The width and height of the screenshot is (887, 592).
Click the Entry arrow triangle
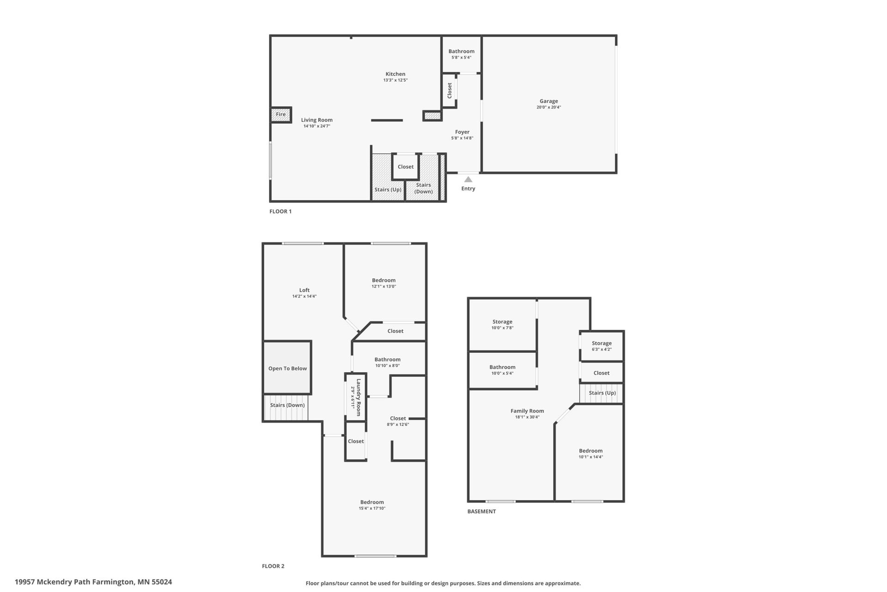[x=468, y=179]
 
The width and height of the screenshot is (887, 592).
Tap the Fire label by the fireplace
[x=281, y=114]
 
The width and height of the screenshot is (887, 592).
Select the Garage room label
[x=549, y=101]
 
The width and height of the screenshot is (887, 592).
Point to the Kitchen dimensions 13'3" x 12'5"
[x=395, y=80]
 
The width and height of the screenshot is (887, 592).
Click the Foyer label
[x=462, y=132]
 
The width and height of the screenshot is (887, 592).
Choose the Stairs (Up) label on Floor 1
[x=388, y=190]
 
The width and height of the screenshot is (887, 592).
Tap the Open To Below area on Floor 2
[x=287, y=368]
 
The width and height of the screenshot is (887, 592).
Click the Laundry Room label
[x=358, y=397]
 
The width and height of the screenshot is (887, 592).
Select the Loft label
[x=304, y=290]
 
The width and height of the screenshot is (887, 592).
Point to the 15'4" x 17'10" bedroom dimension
[x=372, y=508]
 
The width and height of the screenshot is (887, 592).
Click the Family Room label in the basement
[x=527, y=411]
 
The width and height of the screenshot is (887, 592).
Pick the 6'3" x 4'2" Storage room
[x=601, y=346]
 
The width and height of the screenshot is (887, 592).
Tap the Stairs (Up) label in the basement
[x=602, y=393]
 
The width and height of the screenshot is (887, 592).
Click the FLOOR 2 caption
[x=273, y=566]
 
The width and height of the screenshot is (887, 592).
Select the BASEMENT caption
[x=481, y=512]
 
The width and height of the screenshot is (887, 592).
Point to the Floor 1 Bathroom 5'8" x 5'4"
[x=462, y=54]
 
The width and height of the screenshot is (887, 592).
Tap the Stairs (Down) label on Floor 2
[x=287, y=405]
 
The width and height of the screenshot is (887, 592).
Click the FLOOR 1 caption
[x=280, y=211]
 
